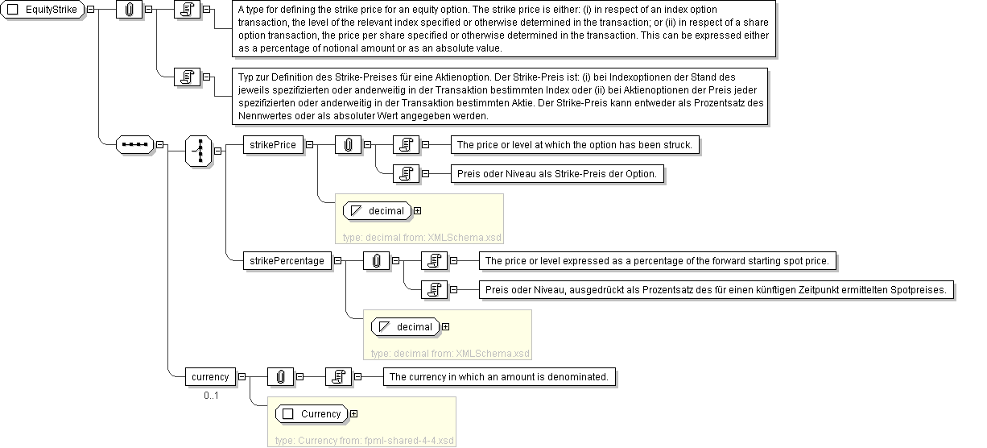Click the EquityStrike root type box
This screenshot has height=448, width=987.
pyautogui.click(x=43, y=9)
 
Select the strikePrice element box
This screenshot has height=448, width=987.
pyautogui.click(x=273, y=144)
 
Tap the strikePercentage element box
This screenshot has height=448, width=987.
pyautogui.click(x=287, y=260)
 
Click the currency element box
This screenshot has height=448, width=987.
pyautogui.click(x=211, y=376)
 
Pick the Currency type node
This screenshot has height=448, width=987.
pyautogui.click(x=312, y=413)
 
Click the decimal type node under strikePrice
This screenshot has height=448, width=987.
pyautogui.click(x=378, y=211)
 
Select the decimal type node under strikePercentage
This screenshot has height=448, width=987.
pyautogui.click(x=406, y=327)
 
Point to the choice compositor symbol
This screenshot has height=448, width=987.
pyautogui.click(x=199, y=151)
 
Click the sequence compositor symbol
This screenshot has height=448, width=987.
pyautogui.click(x=134, y=144)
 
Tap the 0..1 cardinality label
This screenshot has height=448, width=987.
pyautogui.click(x=211, y=396)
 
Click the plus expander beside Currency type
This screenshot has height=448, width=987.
pyautogui.click(x=353, y=413)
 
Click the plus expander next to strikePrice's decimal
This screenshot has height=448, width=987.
pyautogui.click(x=417, y=211)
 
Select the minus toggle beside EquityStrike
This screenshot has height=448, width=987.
pyautogui.click(x=91, y=9)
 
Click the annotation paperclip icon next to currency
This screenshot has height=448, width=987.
pyautogui.click(x=281, y=376)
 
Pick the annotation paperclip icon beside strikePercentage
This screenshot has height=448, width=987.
pyautogui.click(x=376, y=260)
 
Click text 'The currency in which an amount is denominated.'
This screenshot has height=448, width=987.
pyautogui.click(x=499, y=376)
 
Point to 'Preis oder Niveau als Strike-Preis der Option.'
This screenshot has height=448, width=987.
pyautogui.click(x=557, y=174)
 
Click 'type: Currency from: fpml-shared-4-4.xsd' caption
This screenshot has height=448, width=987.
pyautogui.click(x=365, y=441)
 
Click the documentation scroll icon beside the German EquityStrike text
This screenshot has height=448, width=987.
pyautogui.click(x=188, y=77)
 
